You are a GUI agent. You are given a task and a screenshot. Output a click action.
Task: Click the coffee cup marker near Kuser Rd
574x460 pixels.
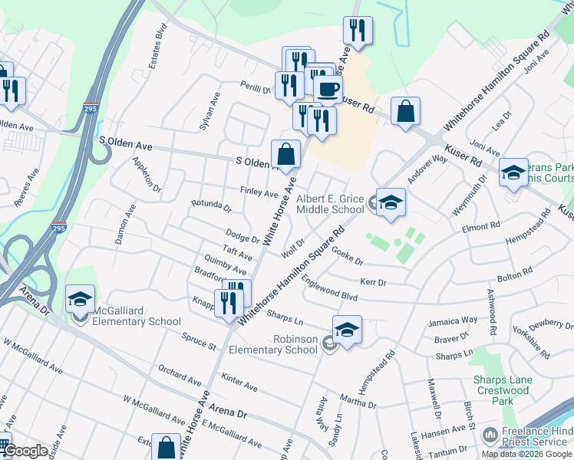[x=328, y=89]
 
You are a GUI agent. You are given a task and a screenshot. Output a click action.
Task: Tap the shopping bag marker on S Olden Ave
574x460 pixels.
[x=285, y=153]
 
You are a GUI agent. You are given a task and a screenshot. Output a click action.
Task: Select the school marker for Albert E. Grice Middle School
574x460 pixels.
[x=391, y=203]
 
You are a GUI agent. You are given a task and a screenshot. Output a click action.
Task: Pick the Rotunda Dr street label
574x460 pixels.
[x=211, y=205]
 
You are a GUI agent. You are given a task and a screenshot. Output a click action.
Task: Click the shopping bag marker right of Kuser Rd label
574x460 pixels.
[x=405, y=111]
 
